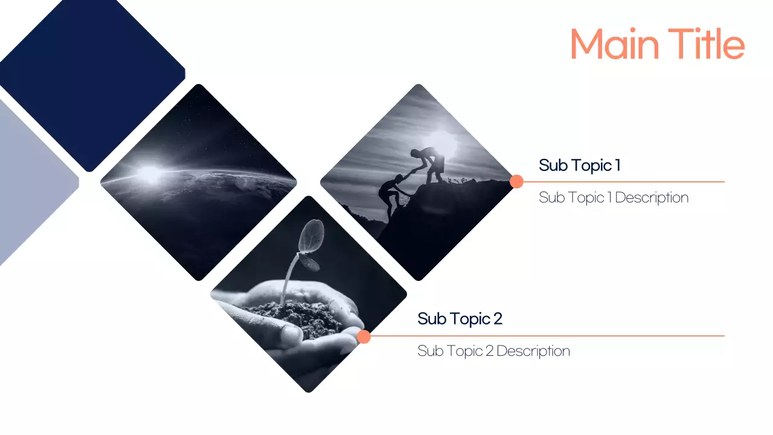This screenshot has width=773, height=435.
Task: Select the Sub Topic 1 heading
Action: pos(579,165)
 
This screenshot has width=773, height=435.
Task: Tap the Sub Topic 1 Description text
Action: pos(613,198)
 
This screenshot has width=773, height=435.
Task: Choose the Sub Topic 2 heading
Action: pos(460,318)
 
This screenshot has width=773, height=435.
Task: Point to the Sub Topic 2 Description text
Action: pos(493,351)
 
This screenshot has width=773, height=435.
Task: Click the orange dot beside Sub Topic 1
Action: pos(516,181)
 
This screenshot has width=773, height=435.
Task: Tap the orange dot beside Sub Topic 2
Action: pos(364,337)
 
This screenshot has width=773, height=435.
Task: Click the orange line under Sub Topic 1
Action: pos(622,181)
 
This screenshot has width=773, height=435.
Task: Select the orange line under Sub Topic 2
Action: pos(544,336)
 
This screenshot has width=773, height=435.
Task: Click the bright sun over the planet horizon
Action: pos(150,174)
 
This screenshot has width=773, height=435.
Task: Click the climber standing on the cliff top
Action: pos(431,162)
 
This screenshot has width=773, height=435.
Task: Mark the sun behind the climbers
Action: pos(444,143)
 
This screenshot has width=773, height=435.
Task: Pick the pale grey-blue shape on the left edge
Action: pos(30,181)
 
